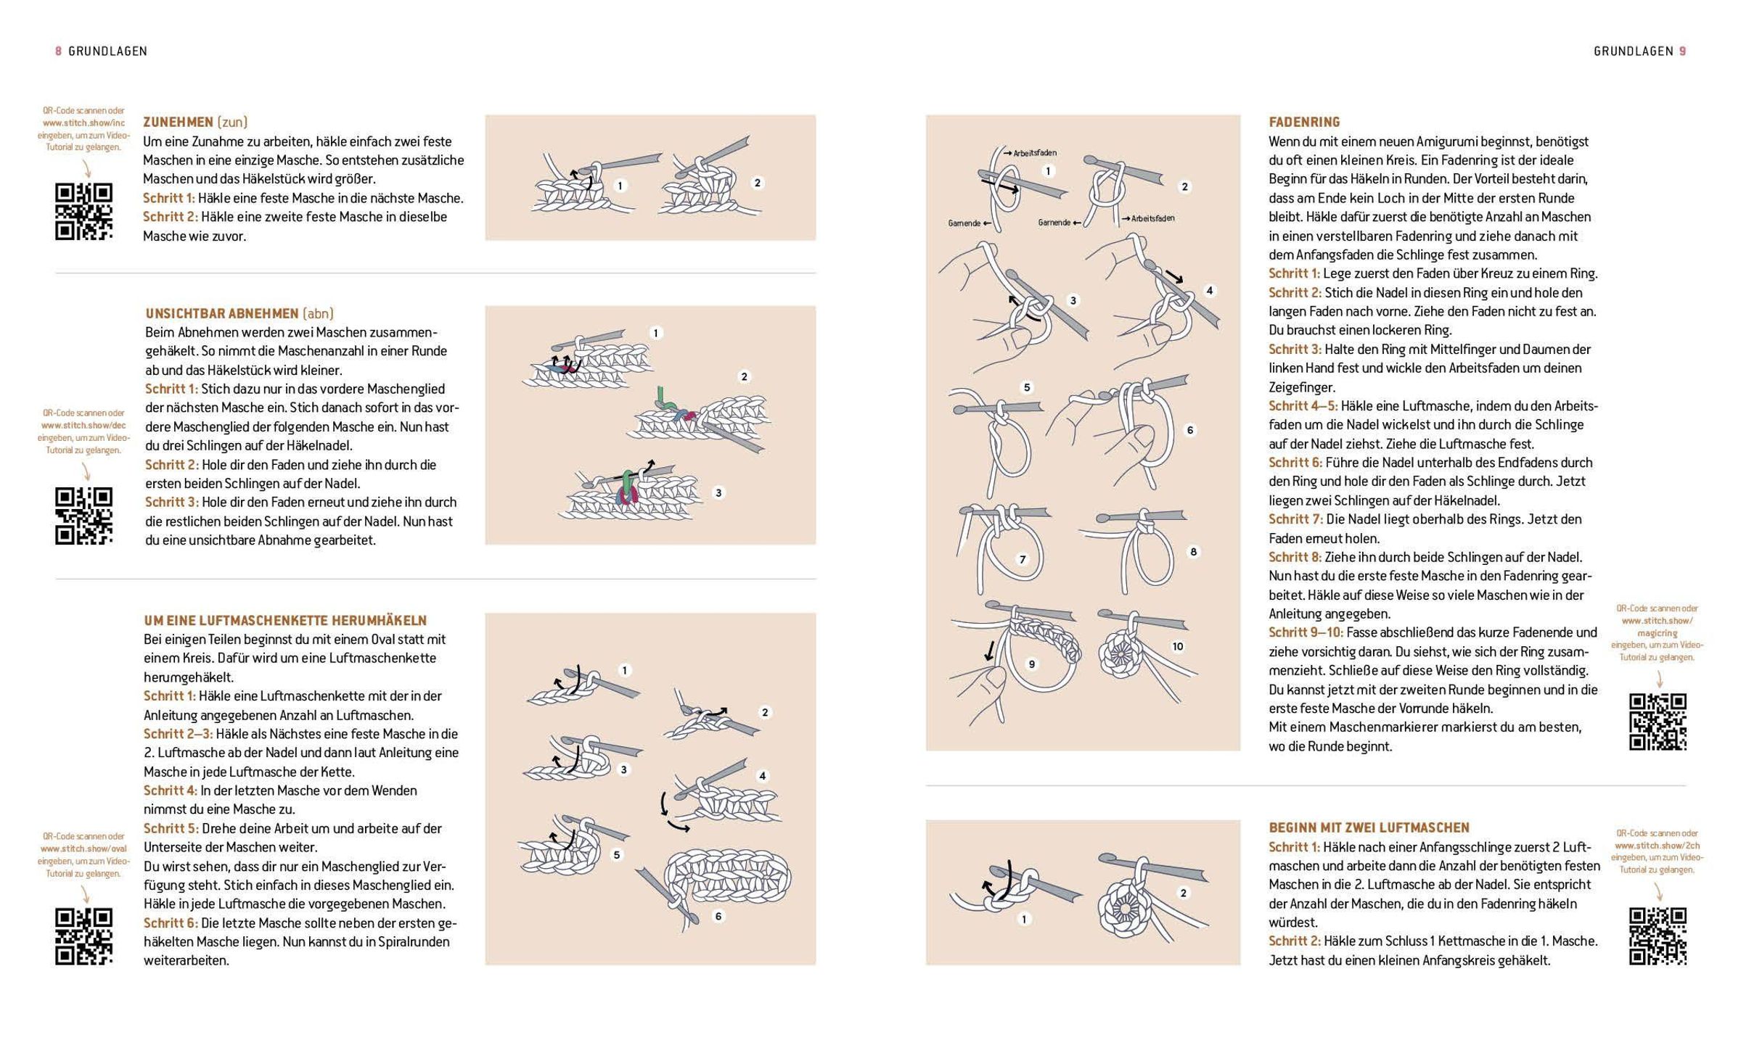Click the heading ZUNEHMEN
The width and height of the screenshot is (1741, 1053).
[178, 122]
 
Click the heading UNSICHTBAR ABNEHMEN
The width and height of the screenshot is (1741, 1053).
[221, 313]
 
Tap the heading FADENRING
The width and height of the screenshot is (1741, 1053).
[1304, 122]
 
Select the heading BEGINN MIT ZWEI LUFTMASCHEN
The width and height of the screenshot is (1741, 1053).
[1369, 827]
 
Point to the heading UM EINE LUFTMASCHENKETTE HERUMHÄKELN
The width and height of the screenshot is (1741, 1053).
[285, 621]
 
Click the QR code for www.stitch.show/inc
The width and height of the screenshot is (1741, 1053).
[84, 211]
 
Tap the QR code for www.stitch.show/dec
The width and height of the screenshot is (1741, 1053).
[84, 516]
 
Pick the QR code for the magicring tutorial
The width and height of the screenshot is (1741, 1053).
[1658, 722]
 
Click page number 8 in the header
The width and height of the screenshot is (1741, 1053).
[58, 51]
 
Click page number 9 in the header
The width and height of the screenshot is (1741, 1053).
[1682, 51]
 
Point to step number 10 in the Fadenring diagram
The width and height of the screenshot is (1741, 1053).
[1177, 646]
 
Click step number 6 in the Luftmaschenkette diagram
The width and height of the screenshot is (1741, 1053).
[718, 916]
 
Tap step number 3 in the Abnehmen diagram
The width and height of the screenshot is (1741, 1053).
[718, 492]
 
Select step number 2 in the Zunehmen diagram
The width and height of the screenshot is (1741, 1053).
[757, 183]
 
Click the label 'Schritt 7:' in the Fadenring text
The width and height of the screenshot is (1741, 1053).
[1295, 519]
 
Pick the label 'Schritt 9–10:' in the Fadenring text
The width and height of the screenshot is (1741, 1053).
[1306, 632]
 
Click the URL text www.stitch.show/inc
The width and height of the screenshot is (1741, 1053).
[83, 123]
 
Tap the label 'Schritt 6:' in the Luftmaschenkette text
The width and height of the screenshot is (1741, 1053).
[171, 923]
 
